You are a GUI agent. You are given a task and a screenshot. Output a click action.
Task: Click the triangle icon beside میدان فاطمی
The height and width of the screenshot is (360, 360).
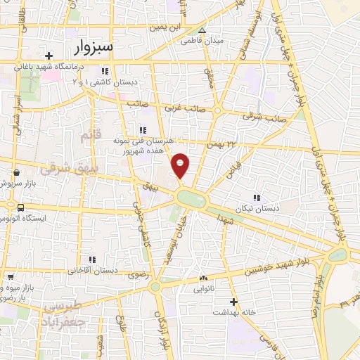tap(202, 30)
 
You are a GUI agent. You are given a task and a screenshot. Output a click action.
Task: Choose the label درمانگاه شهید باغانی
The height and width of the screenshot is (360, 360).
tap(49, 68)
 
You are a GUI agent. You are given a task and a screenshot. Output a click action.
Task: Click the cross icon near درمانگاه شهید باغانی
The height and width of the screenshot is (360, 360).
tap(49, 56)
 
